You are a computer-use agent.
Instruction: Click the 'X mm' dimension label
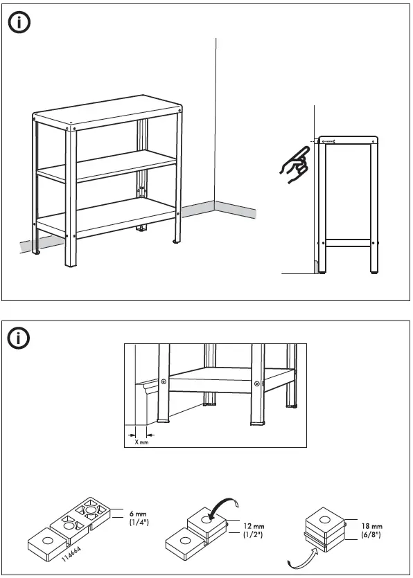141,442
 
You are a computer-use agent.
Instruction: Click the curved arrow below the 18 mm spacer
300,558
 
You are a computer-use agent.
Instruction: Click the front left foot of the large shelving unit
71,264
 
